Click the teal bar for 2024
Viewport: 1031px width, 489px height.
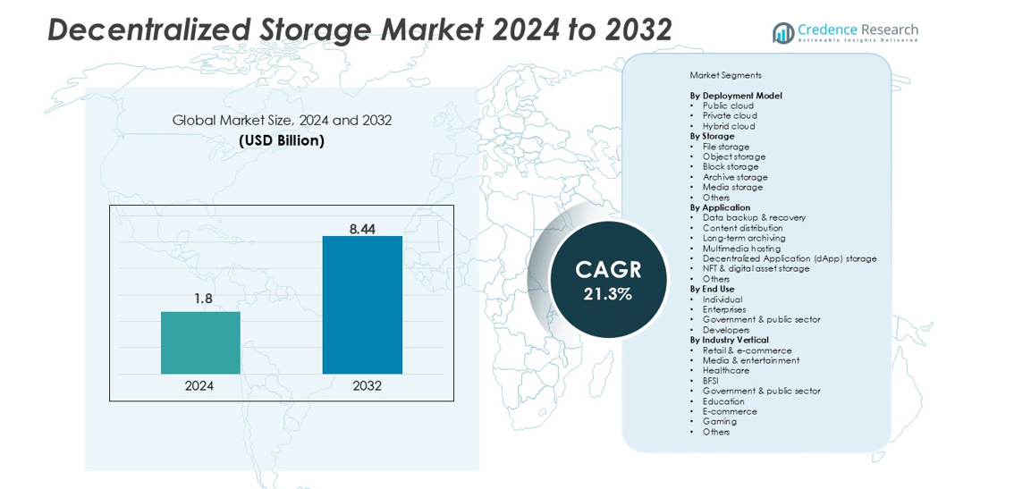tap(200, 342)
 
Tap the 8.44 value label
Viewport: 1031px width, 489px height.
tap(362, 229)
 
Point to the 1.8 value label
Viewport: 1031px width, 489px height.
tap(203, 299)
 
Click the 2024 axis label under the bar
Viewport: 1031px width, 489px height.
tap(199, 386)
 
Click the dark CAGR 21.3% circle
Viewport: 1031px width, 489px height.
tap(608, 280)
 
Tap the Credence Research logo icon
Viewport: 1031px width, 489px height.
tap(783, 33)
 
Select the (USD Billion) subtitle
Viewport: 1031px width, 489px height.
tap(282, 140)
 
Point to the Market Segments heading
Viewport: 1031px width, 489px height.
tap(725, 75)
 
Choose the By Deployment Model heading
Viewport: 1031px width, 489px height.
tap(736, 96)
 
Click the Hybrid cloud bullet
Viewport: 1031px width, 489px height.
tap(729, 126)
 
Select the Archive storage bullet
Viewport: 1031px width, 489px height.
tap(735, 177)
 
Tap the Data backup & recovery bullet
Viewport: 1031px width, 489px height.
tap(754, 217)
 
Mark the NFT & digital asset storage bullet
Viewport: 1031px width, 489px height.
tap(756, 268)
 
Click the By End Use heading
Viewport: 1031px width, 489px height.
tap(712, 289)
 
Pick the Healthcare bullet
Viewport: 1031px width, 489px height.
tap(726, 370)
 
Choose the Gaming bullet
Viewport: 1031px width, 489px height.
tap(719, 421)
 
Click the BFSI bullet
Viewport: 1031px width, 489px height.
tap(710, 381)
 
